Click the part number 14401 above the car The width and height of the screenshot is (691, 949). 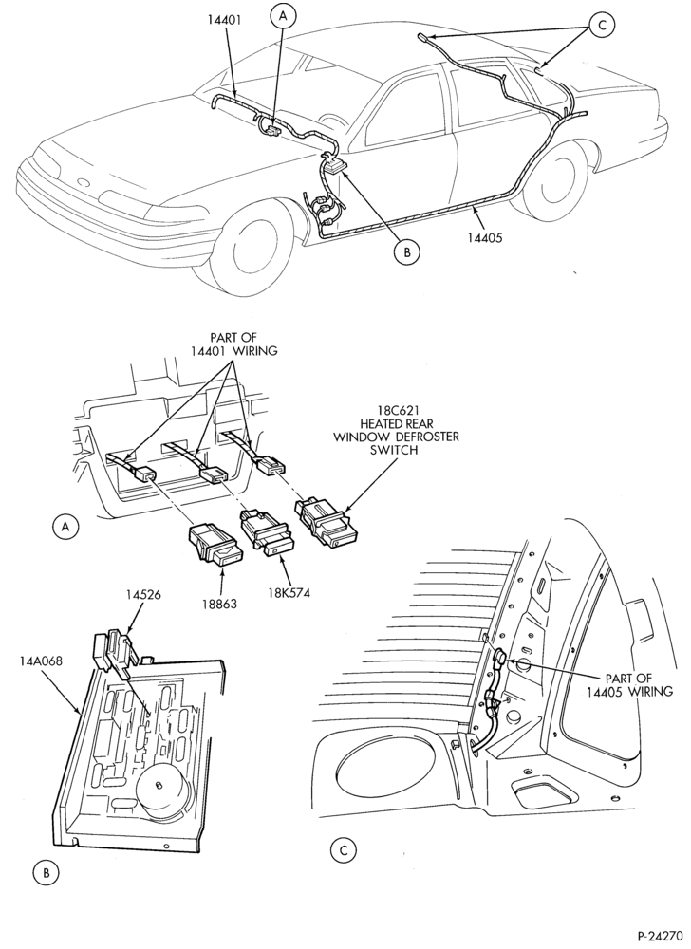pyautogui.click(x=224, y=19)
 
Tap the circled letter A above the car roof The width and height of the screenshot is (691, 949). pyautogui.click(x=283, y=16)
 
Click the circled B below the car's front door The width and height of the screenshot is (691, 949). pyautogui.click(x=406, y=252)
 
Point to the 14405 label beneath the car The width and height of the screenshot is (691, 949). pyautogui.click(x=485, y=238)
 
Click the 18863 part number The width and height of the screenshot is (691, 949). pyautogui.click(x=219, y=604)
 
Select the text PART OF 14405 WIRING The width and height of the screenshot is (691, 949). pyautogui.click(x=629, y=684)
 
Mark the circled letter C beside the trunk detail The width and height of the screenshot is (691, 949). pyautogui.click(x=343, y=849)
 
